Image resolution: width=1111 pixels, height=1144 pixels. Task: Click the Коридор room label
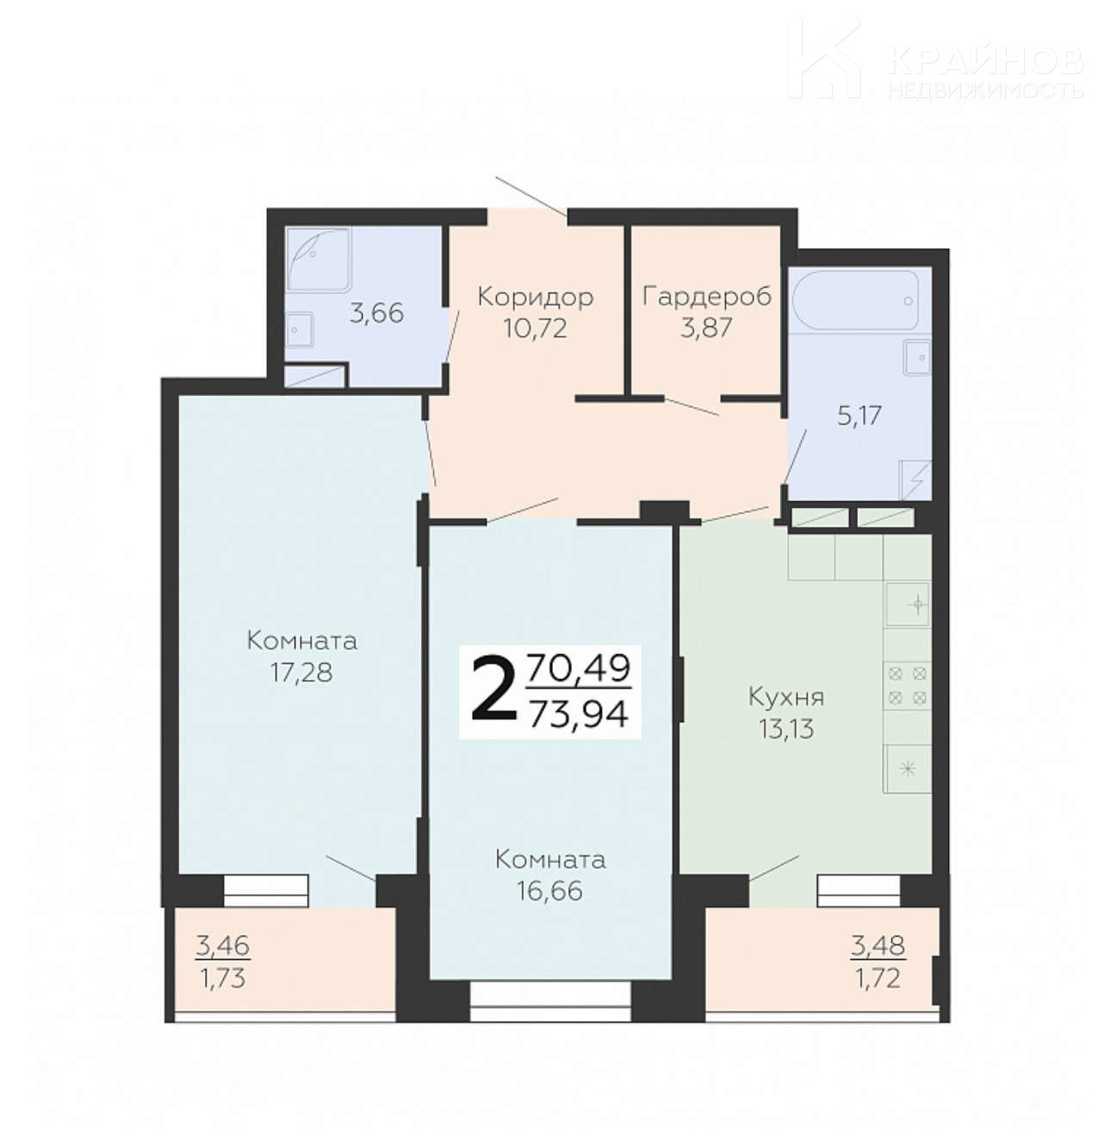[x=535, y=297]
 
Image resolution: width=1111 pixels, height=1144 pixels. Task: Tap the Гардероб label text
[x=706, y=296]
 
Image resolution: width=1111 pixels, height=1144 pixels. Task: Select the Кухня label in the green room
[x=786, y=696]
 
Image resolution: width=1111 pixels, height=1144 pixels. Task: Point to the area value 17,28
[x=301, y=672]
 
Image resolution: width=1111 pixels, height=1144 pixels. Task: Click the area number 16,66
[x=550, y=891]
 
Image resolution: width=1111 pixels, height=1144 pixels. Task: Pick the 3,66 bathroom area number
[x=376, y=312]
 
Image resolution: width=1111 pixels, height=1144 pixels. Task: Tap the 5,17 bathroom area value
[x=860, y=416]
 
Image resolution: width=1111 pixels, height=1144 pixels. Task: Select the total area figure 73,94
[x=579, y=715]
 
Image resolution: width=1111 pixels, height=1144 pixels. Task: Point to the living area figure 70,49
[x=579, y=669]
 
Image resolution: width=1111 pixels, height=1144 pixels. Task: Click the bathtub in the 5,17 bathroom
[x=855, y=300]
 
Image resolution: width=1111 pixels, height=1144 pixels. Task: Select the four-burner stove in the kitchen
[x=908, y=685]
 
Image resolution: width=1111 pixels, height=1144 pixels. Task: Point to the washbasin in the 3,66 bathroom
[x=299, y=331]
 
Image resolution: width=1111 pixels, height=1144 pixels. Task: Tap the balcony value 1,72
[x=878, y=980]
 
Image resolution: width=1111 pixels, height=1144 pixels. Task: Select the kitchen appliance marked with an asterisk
[x=908, y=769]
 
